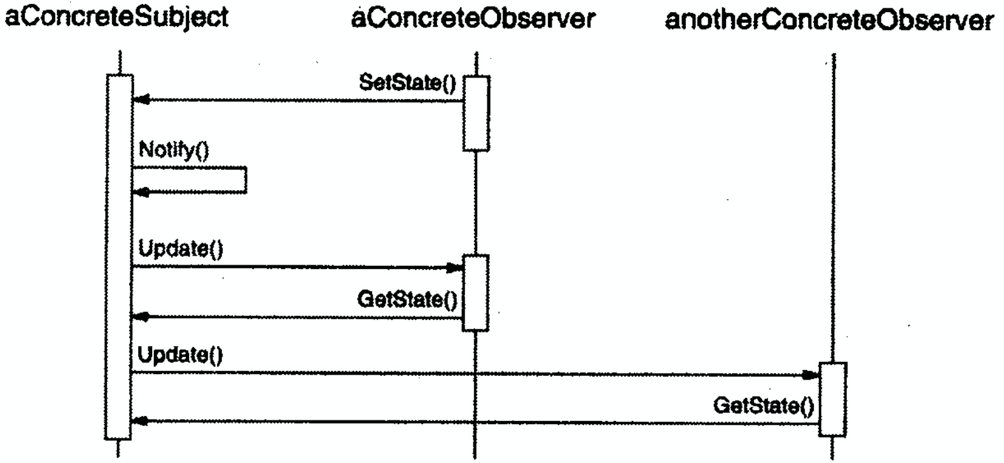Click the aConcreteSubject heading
[116, 18]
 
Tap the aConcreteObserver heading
[473, 19]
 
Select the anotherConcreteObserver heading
[828, 20]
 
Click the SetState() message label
[408, 83]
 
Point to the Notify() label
[174, 150]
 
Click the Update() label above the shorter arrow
[181, 249]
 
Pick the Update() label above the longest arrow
[181, 355]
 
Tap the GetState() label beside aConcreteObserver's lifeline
[407, 299]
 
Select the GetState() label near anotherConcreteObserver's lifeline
[763, 405]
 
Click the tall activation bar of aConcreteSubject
[119, 254]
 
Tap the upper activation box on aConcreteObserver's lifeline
[476, 113]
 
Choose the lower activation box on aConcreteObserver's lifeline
[475, 293]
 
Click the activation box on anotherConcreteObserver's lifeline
[832, 399]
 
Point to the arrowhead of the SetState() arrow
[141, 100]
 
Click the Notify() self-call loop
[245, 179]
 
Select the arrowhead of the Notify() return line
[141, 191]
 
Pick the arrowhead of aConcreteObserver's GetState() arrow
[141, 317]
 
